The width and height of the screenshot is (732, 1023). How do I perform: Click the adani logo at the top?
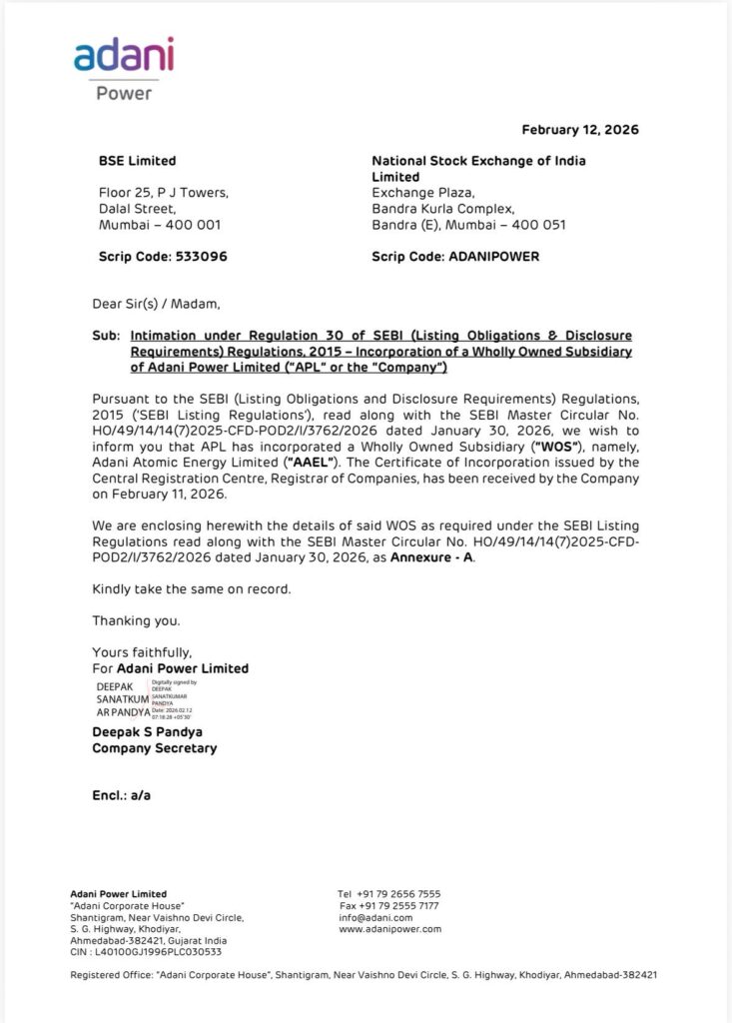coord(124,56)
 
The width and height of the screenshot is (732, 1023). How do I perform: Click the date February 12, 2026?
coord(580,130)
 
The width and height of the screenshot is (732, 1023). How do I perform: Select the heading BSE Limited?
coord(137,161)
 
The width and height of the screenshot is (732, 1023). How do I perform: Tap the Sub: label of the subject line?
coord(105,336)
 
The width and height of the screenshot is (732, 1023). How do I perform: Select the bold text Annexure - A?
coord(432,556)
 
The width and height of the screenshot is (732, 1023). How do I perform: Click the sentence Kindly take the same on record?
coord(192,589)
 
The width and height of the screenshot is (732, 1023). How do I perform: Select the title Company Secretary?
coord(155,748)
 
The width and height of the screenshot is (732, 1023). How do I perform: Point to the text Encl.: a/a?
coord(122,796)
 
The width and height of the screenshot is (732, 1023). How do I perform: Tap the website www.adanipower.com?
coord(389,929)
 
